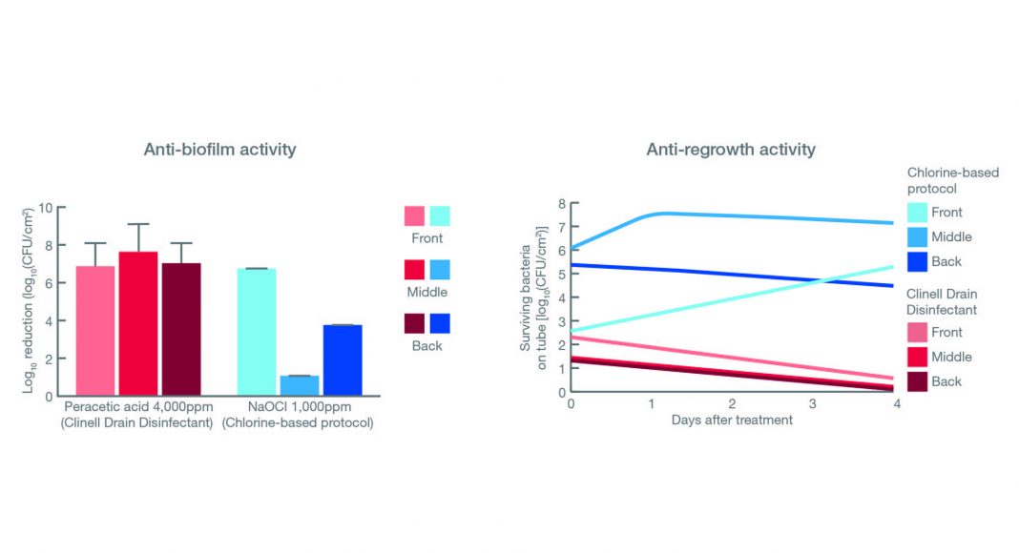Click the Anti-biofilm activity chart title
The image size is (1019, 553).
(x=219, y=149)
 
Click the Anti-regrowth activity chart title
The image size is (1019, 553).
(x=731, y=149)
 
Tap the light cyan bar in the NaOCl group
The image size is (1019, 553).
(x=257, y=331)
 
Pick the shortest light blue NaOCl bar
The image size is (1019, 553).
(x=300, y=385)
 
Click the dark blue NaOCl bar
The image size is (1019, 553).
(x=343, y=359)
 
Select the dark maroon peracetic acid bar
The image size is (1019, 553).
(x=181, y=328)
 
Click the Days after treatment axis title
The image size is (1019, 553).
(x=731, y=420)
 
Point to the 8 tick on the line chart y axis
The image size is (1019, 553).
(x=561, y=204)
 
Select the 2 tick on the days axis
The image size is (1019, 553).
(x=732, y=404)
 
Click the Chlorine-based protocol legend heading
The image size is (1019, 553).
(x=952, y=180)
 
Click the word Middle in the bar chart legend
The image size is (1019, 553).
(x=426, y=292)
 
